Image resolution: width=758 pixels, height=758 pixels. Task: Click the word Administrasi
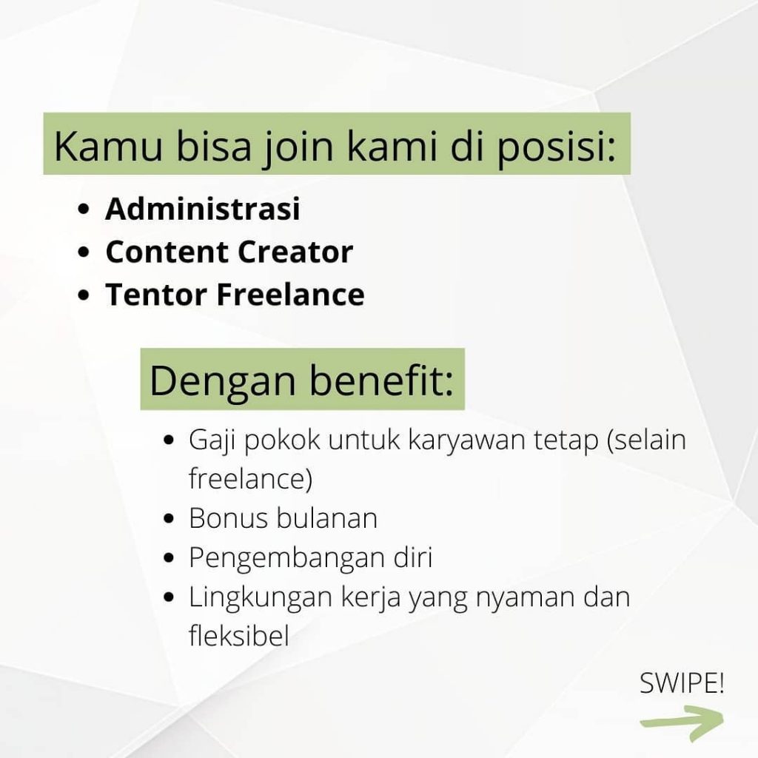[203, 209]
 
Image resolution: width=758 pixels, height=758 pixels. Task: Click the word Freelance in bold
[290, 295]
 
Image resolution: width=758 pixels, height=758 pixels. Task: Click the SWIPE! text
[682, 683]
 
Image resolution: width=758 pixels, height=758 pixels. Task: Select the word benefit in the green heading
[381, 380]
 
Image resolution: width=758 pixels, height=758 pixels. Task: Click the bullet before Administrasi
[84, 209]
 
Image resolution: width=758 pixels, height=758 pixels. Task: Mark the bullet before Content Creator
[84, 252]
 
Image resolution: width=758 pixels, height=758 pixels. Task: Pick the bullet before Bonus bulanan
[169, 519]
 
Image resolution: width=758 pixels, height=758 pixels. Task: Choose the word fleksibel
[239, 636]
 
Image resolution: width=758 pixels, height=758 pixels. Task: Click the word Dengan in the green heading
[222, 381]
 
